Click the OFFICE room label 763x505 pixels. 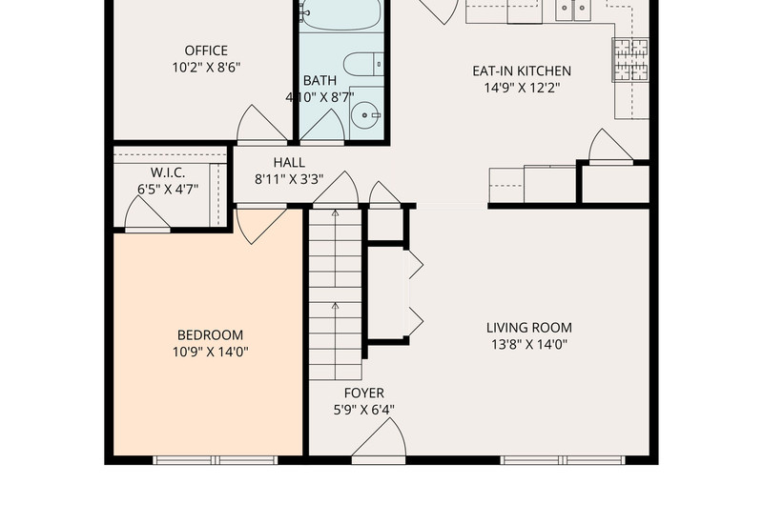coord(206,50)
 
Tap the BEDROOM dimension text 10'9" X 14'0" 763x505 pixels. coord(210,352)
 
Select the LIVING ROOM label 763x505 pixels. coord(529,328)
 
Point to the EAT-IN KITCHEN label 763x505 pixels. coord(522,71)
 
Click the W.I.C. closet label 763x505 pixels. coord(168,172)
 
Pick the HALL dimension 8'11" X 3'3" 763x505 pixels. coord(289,179)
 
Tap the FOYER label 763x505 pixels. coord(364,393)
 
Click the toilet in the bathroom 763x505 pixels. coord(363,65)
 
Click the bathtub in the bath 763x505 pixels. coord(341,15)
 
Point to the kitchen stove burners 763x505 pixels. coord(630,60)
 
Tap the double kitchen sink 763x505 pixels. coord(573,10)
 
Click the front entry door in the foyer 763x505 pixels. coord(379,439)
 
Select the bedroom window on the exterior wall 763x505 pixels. coord(216,460)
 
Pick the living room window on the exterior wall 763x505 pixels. coord(563,460)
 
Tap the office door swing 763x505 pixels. coord(261,125)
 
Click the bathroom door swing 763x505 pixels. coord(322,128)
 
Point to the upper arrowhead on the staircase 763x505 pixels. coord(335,212)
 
